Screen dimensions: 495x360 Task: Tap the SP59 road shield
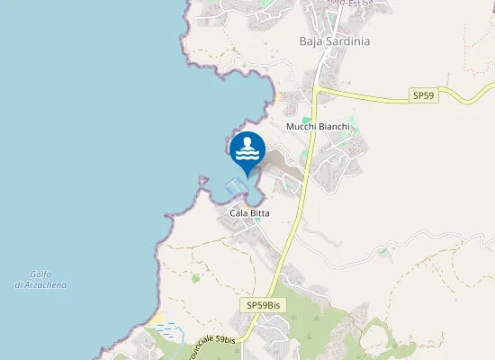pyautogui.click(x=424, y=94)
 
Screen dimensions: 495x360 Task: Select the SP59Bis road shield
pyautogui.click(x=265, y=306)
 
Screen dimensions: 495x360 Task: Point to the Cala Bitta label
pyautogui.click(x=250, y=213)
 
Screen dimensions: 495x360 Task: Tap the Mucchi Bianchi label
pyautogui.click(x=318, y=127)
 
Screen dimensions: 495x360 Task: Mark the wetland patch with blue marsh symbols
pyautogui.click(x=166, y=329)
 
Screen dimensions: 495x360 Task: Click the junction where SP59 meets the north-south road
pyautogui.click(x=317, y=90)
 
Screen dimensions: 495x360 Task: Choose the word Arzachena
pyautogui.click(x=47, y=285)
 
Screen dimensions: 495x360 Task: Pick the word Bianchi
pyautogui.click(x=334, y=127)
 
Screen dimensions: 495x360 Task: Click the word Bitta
pyautogui.click(x=262, y=213)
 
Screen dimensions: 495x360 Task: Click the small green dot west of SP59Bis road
pyautogui.click(x=195, y=279)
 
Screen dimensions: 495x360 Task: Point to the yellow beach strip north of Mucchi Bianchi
pyautogui.click(x=280, y=95)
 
